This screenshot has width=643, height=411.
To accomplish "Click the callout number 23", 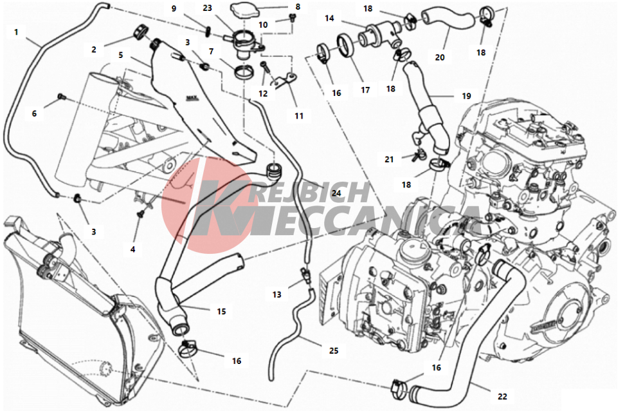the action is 208,8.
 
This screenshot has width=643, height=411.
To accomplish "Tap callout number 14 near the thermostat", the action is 329,18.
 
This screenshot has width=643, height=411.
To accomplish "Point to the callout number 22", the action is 502,397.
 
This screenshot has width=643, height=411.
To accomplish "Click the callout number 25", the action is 334,350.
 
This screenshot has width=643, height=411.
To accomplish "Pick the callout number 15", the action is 221,312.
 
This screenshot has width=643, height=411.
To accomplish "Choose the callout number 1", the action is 17,32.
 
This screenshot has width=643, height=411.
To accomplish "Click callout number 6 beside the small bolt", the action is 35,113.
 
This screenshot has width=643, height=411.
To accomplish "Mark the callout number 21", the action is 389,159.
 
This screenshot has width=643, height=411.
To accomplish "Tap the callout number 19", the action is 466,96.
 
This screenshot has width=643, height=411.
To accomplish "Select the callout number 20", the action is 440,57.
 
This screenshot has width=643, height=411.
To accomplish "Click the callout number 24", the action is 336,193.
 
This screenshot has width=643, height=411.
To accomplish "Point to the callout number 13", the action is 276,294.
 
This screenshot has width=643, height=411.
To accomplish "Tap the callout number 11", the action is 299,116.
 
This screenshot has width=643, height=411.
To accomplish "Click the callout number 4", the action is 133,249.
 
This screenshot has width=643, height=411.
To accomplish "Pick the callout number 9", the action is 174,8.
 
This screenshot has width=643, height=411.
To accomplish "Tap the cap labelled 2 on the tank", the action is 141,32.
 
